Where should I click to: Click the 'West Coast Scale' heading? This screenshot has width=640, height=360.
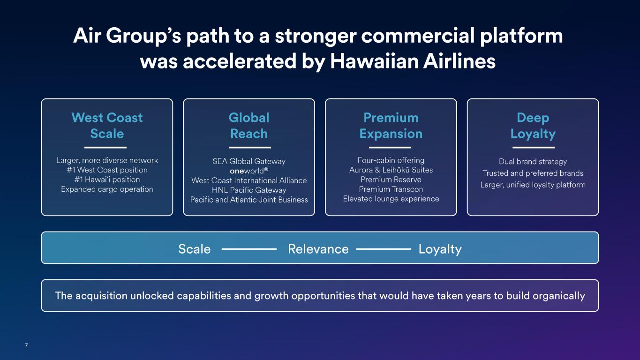[x=107, y=126]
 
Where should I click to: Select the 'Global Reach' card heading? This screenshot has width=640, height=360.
[x=249, y=126]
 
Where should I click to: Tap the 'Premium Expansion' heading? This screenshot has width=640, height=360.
[x=391, y=126]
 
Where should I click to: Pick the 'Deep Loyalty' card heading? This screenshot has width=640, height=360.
[x=533, y=126]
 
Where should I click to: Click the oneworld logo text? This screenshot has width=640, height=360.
[x=249, y=171]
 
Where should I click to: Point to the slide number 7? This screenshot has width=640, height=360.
[x=26, y=345]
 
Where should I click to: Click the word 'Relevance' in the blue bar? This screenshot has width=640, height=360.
[x=318, y=249]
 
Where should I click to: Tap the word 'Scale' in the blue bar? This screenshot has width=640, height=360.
[x=194, y=249]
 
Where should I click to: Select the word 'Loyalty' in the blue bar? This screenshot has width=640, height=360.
[x=440, y=249]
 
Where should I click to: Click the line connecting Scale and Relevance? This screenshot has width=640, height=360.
[x=249, y=249]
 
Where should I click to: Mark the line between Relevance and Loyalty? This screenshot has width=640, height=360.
[x=384, y=249]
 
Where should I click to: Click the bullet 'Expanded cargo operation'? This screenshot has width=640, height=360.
[x=107, y=189]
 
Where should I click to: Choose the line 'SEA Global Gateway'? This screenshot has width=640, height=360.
[x=249, y=161]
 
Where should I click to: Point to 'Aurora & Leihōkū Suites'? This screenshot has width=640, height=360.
[x=391, y=170]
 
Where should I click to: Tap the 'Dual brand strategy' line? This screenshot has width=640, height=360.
[x=533, y=162]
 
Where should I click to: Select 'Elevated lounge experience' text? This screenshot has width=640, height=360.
[x=391, y=199]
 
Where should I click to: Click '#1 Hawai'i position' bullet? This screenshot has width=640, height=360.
[x=107, y=180]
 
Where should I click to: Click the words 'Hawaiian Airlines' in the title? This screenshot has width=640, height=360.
[x=413, y=61]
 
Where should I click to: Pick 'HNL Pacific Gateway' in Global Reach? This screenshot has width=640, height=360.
[x=249, y=190]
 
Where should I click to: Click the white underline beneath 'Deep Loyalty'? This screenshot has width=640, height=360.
[x=534, y=148]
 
